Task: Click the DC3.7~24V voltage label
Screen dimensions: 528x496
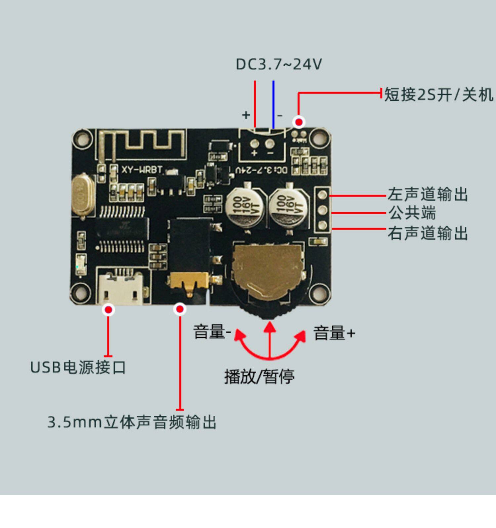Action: click(278, 64)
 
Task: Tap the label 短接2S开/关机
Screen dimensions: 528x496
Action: click(438, 95)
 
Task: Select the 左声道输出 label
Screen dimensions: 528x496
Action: click(428, 194)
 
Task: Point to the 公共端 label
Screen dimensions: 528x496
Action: click(412, 213)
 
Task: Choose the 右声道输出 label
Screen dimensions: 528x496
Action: click(428, 233)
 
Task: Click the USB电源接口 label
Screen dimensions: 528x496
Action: click(78, 367)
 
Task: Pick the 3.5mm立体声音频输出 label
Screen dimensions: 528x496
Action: click(132, 422)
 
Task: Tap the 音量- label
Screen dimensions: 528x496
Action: click(212, 332)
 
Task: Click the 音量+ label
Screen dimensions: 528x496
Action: click(334, 333)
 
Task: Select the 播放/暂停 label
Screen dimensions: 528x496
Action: click(259, 376)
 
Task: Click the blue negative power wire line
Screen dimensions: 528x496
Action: click(273, 104)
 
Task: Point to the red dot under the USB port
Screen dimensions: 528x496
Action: click(108, 310)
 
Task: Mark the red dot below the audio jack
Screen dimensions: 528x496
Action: click(180, 309)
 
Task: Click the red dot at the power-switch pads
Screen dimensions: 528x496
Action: click(299, 122)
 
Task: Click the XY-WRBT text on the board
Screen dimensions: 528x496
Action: click(142, 170)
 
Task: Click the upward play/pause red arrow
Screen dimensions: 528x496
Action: click(270, 340)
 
